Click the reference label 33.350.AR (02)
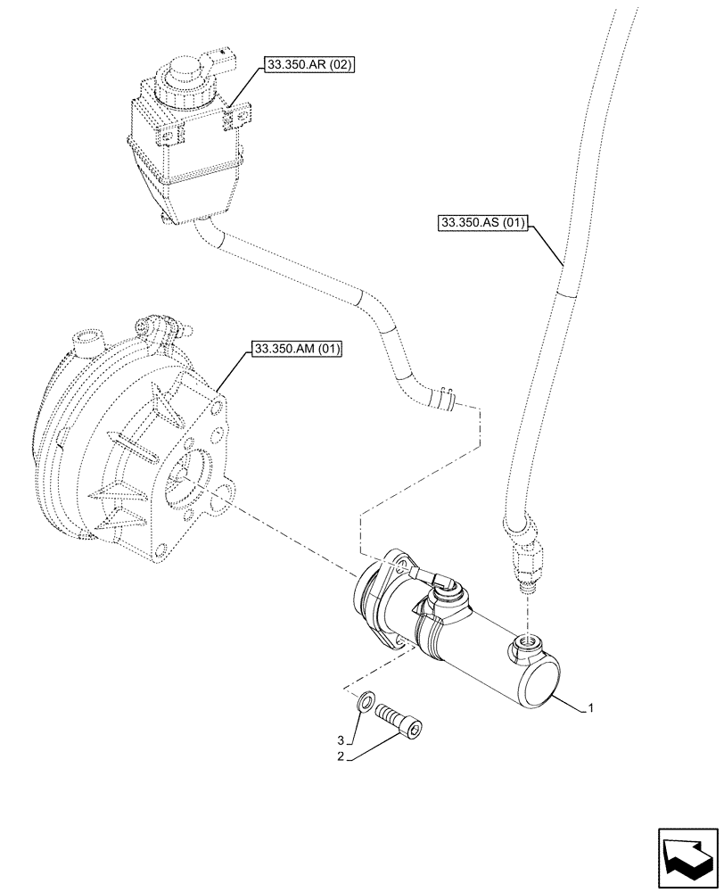[x=309, y=66]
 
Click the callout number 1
[x=590, y=710]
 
